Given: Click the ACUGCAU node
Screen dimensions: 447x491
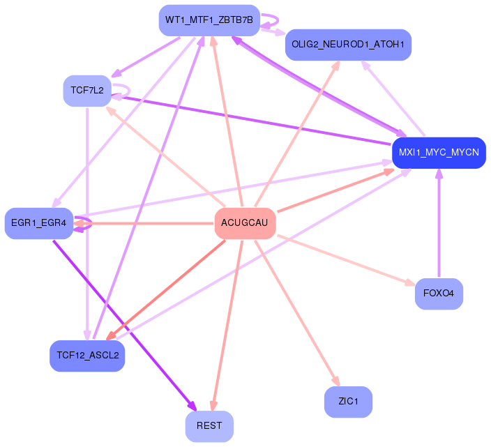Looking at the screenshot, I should (245, 223).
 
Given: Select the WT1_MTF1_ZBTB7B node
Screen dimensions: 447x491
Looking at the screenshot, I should (209, 20).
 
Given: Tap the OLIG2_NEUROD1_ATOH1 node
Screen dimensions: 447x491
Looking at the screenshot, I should (348, 45).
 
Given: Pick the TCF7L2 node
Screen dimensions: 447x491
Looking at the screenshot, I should (87, 90).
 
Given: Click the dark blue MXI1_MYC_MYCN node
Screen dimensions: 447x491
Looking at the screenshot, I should (439, 153).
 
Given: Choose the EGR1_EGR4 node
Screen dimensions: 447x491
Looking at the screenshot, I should (38, 223).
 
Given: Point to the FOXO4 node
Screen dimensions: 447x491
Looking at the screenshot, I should (439, 294).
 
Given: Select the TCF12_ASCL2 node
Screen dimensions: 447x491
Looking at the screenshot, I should (87, 356).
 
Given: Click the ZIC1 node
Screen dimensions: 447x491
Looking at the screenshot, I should (348, 402).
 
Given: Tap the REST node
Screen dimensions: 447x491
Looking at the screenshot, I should (209, 426).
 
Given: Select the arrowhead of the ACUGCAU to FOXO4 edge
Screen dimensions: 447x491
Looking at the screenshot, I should (411, 283).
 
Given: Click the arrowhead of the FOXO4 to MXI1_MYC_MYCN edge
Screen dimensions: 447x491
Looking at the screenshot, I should (439, 172).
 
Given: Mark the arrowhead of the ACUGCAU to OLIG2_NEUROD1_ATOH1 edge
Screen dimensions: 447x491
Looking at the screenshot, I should (337, 65).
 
